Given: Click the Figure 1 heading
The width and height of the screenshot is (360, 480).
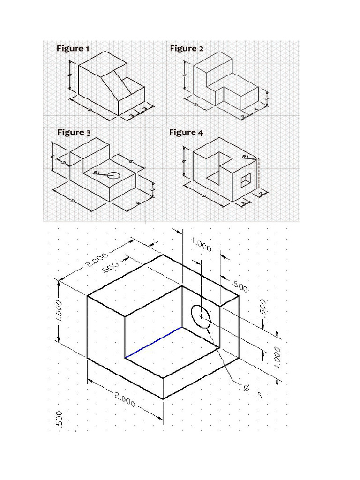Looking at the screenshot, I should pos(73,48).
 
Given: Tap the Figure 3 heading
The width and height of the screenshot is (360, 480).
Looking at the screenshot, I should pos(74,132).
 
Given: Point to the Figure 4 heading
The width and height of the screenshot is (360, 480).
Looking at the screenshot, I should pos(186,132).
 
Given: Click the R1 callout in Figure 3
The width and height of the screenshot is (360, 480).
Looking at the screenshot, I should pos(97,173).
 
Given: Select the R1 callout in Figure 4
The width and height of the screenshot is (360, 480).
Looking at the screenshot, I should pos(245,157).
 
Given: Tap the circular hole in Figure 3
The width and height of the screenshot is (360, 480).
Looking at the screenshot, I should pos(114,175).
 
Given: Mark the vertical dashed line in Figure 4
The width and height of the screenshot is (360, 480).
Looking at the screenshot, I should pos(257,173).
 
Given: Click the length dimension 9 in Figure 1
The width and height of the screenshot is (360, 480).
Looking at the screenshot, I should pos(89,109).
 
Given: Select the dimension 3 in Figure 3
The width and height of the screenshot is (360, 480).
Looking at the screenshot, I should pos(64,162).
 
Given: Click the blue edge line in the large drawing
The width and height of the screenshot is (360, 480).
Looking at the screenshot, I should pos(154,343).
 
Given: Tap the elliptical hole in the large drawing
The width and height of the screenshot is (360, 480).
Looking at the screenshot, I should pos(201,317).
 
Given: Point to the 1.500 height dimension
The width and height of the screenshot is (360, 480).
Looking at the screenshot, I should pos(59,311).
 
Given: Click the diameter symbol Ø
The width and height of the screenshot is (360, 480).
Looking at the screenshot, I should pos(246,387).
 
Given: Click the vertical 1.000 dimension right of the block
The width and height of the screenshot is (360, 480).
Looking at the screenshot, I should pos(277,357).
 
